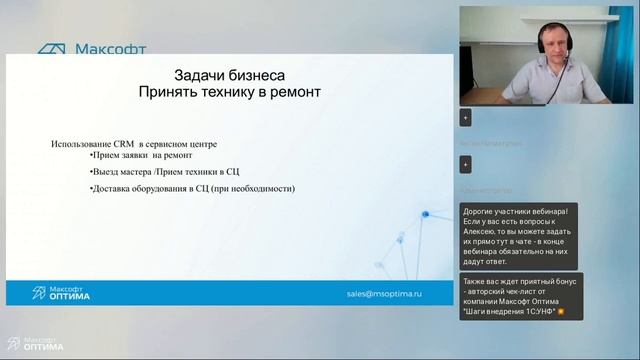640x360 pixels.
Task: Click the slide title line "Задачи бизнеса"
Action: [230, 75]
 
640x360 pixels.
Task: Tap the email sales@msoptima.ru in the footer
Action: [384, 294]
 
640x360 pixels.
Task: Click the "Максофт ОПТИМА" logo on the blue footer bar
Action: [61, 293]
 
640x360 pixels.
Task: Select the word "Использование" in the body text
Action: [83, 144]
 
